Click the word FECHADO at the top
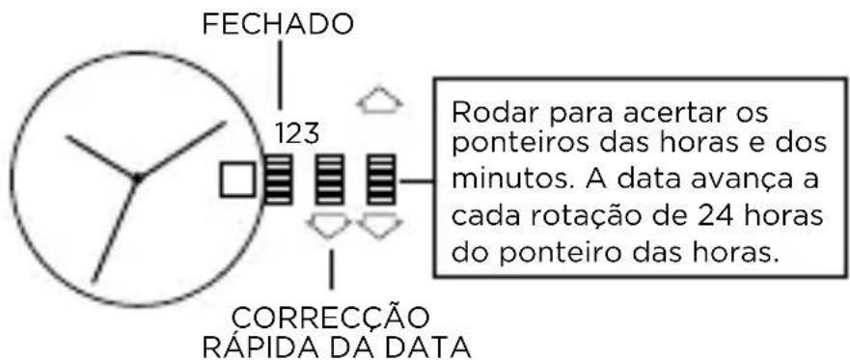[277, 26]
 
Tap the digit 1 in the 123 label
[279, 132]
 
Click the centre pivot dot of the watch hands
[137, 178]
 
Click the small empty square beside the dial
[237, 180]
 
